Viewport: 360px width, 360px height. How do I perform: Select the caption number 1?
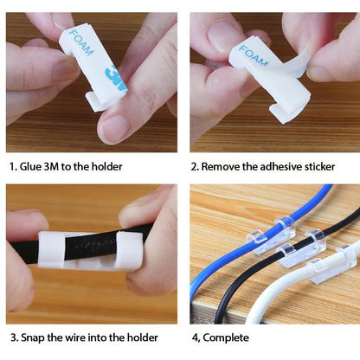point(12,166)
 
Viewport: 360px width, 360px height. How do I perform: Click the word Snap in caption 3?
point(34,337)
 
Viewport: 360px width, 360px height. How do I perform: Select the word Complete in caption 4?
point(226,337)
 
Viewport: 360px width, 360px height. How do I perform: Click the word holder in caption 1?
point(105,166)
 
